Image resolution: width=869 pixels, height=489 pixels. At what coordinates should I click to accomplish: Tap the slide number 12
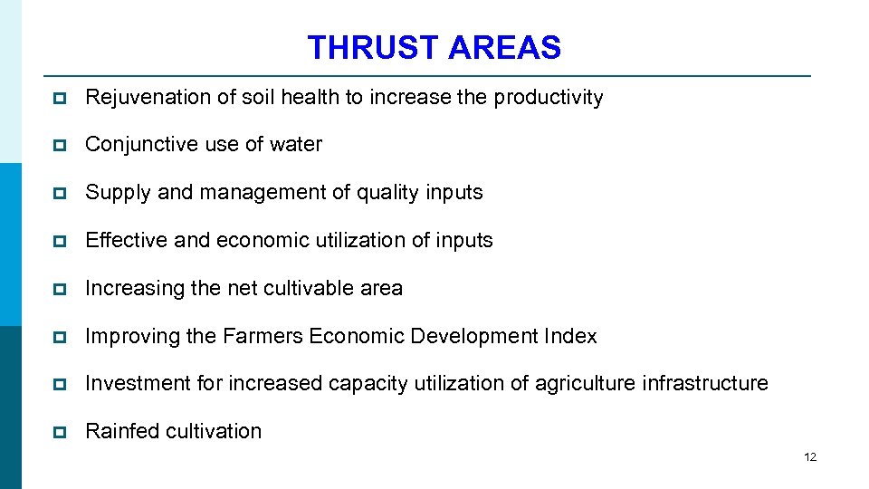(x=809, y=457)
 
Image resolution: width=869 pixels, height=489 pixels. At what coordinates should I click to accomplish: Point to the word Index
(x=570, y=336)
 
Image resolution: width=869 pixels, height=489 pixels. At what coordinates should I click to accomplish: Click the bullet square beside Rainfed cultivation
(x=60, y=432)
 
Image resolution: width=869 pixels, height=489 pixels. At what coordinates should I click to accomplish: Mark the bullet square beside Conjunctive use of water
(x=60, y=146)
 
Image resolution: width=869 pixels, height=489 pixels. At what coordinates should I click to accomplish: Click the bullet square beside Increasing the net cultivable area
(x=60, y=289)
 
